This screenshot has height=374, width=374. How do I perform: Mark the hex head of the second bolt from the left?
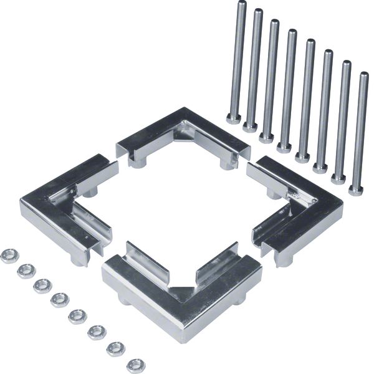click(250, 127)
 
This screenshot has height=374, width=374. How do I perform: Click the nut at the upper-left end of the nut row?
click(9, 256)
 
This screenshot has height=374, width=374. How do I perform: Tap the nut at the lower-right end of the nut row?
click(135, 365)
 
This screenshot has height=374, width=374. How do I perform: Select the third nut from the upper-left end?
click(42, 285)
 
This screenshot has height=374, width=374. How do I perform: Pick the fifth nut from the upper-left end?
click(77, 316)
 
